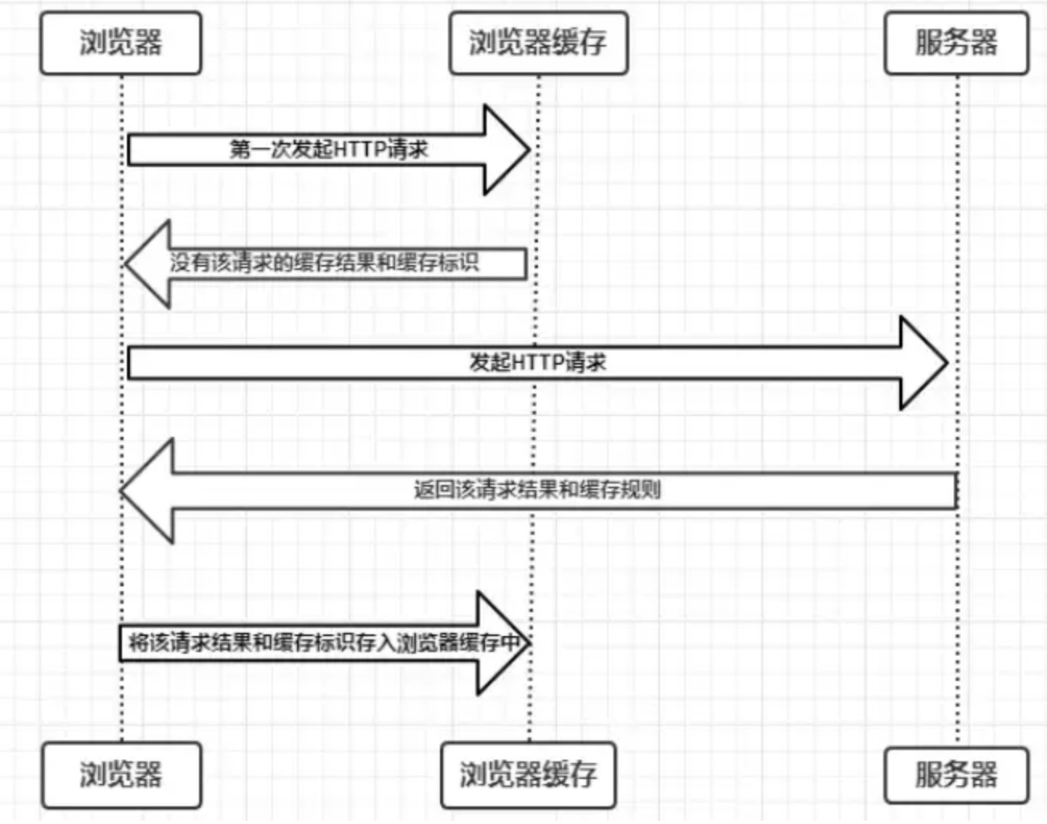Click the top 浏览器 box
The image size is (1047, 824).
pyautogui.click(x=120, y=43)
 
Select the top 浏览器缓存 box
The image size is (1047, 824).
pyautogui.click(x=539, y=43)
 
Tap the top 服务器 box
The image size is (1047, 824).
pyautogui.click(x=956, y=43)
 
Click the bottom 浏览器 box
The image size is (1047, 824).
pyautogui.click(x=121, y=775)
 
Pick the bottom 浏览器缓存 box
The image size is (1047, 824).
pyautogui.click(x=528, y=775)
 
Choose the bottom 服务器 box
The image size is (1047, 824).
pyautogui.click(x=956, y=775)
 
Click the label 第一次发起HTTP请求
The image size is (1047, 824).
pyautogui.click(x=329, y=149)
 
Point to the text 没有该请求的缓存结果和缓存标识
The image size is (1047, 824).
pyautogui.click(x=324, y=263)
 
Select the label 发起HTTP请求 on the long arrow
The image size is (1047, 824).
pyautogui.click(x=538, y=362)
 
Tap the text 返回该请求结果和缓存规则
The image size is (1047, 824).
pyautogui.click(x=538, y=490)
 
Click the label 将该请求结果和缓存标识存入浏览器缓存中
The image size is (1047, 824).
pyautogui.click(x=324, y=642)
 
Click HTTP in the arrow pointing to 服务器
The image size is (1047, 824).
pyautogui.click(x=539, y=362)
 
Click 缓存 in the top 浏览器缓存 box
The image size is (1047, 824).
pyautogui.click(x=579, y=43)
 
